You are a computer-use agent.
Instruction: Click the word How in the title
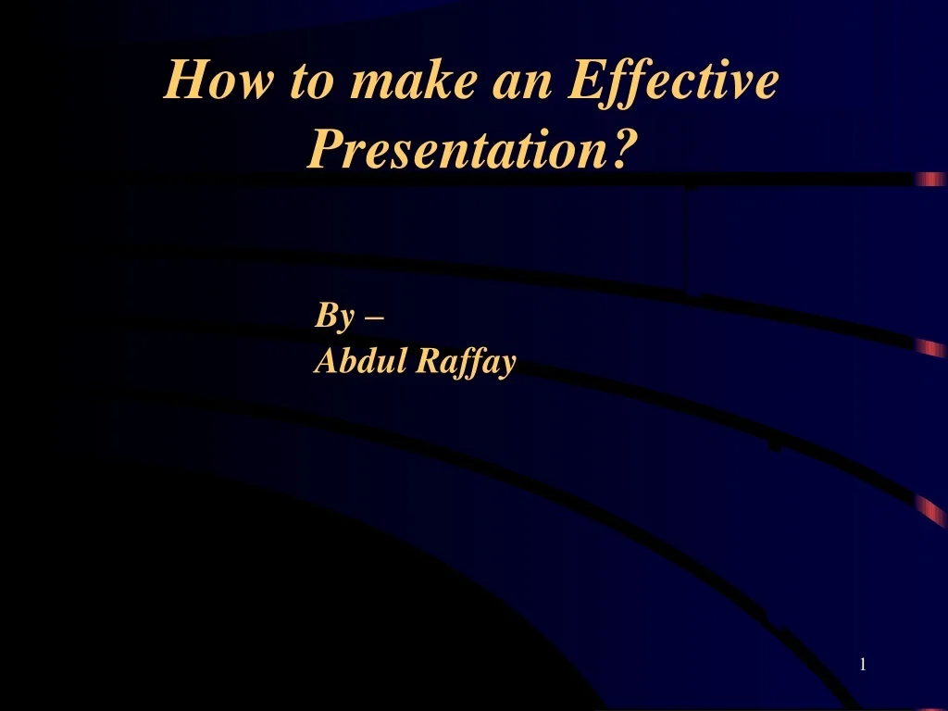point(218,80)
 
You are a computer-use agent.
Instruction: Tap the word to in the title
point(311,81)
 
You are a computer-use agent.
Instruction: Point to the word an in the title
point(522,85)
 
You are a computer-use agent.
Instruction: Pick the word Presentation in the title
point(457,149)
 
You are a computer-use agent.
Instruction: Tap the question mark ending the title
point(624,148)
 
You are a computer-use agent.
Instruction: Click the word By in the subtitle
point(333,316)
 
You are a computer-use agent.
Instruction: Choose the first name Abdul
point(360,360)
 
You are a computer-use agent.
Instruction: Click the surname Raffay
point(467,363)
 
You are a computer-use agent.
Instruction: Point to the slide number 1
point(863,665)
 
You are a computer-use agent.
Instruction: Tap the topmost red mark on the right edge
point(931,179)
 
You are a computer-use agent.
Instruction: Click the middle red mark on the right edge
point(931,348)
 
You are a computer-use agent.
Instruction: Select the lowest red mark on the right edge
point(931,511)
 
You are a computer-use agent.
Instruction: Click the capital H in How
point(190,80)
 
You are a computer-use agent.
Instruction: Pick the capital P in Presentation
point(330,149)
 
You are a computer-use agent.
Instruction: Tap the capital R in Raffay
point(431,360)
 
